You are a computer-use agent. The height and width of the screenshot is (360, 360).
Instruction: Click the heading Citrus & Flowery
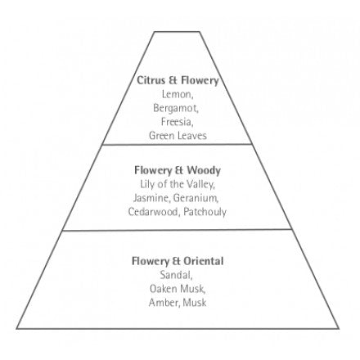point(178,80)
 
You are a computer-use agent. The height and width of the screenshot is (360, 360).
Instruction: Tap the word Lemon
point(178,94)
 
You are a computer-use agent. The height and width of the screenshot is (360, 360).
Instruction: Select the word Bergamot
point(176,108)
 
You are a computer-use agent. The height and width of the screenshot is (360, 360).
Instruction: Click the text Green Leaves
point(178,136)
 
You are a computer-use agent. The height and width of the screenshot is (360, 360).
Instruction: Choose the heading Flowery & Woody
point(178,170)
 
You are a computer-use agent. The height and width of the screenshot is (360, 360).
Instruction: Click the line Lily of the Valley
point(178,184)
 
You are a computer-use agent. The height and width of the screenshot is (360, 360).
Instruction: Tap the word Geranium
point(196,198)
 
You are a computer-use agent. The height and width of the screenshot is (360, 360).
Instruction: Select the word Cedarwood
point(154,212)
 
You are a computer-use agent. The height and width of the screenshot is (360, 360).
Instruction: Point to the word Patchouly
point(205,212)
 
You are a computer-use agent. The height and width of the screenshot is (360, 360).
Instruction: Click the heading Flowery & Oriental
point(178,261)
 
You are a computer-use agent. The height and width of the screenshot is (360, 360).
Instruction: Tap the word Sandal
point(176,275)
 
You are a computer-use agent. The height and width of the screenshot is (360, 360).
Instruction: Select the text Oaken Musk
point(178,289)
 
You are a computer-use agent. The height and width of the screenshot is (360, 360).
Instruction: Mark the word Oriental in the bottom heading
point(204,261)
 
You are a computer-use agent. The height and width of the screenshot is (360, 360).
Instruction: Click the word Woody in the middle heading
point(204,171)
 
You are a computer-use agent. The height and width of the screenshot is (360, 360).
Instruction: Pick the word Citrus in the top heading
point(151,80)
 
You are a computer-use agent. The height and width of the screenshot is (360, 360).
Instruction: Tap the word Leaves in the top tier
point(192,136)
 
